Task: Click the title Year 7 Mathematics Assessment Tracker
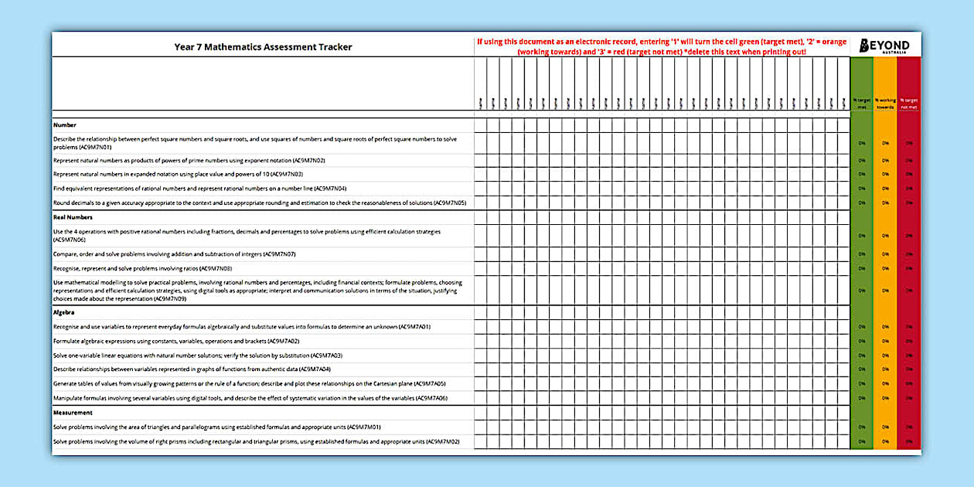coord(263,47)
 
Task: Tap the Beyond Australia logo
coord(885,46)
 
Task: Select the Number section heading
coord(65,124)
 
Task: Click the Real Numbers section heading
coord(73,217)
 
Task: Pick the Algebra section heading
coord(63,312)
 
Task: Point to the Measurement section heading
coord(73,413)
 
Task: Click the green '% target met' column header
coord(861,104)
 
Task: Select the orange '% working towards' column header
coord(885,104)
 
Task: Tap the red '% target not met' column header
coord(909,104)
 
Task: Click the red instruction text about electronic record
coord(661,47)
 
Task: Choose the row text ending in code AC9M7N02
coord(189,160)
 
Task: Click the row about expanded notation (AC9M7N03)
coord(178,174)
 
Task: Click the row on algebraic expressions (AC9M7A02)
coord(176,341)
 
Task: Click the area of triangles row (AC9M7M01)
coord(206,427)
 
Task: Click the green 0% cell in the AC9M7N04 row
coord(861,189)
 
